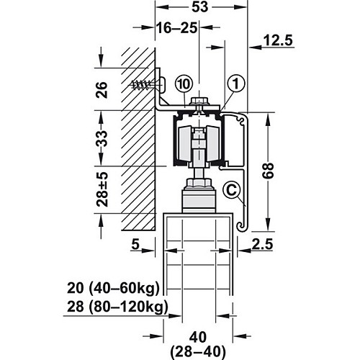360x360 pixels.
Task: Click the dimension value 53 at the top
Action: (199, 7)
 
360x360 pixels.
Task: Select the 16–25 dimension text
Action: (177, 28)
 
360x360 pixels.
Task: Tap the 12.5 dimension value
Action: (278, 40)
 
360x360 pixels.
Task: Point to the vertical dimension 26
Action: (102, 90)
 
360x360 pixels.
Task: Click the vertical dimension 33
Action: (102, 139)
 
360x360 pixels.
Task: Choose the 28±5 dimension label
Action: (102, 189)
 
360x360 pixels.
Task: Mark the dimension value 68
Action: (268, 171)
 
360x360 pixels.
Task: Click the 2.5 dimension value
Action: (263, 244)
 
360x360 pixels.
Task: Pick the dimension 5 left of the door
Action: (135, 244)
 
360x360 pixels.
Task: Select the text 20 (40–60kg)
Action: (113, 288)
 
